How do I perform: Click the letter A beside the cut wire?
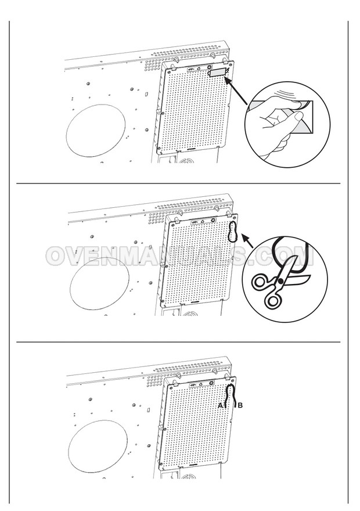(220, 405)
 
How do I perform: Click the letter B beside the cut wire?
(240, 405)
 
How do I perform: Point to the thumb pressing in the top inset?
(300, 105)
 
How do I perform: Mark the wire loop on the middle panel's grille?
(232, 231)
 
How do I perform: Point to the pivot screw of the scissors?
(280, 281)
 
